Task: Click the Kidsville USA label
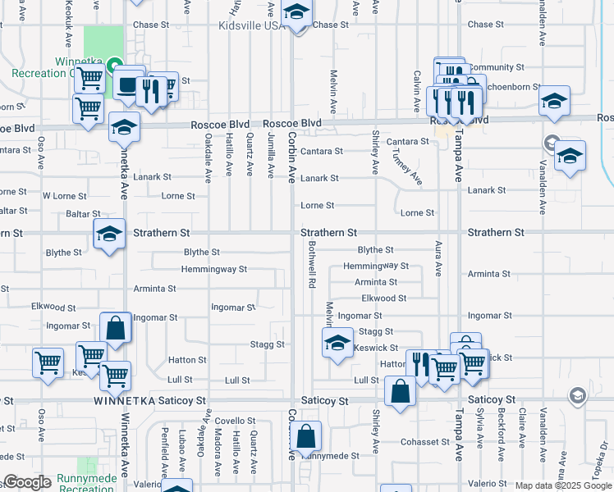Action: point(251,25)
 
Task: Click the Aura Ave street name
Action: point(438,258)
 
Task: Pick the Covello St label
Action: point(237,420)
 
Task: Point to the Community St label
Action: point(497,67)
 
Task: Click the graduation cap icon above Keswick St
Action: point(337,343)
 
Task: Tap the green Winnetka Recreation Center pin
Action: point(116,63)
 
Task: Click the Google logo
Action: point(27,483)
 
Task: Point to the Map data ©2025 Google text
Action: point(563,485)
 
